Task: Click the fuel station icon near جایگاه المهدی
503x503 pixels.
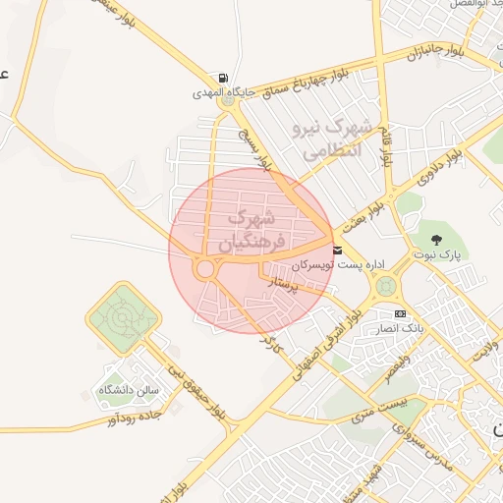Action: pos(227,79)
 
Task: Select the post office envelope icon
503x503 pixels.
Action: pos(337,251)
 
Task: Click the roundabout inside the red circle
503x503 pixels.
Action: pos(205,267)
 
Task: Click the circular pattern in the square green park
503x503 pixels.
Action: pos(123,318)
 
